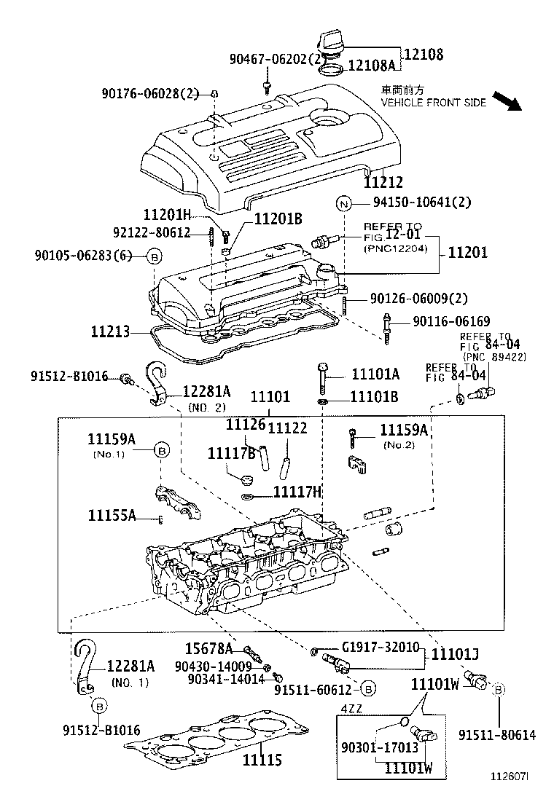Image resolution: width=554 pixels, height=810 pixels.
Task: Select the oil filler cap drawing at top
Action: point(332,46)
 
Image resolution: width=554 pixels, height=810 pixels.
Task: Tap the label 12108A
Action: point(371,66)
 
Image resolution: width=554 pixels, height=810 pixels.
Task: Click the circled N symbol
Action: point(344,204)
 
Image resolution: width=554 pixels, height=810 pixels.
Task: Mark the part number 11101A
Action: point(375,374)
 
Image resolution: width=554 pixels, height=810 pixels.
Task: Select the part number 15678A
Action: point(208,649)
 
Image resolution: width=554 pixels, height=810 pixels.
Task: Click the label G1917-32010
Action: point(380,647)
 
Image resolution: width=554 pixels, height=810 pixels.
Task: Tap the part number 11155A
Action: point(112,515)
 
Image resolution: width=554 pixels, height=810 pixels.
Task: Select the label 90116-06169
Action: point(450,321)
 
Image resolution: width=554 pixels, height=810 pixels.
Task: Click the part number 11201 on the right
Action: point(467,252)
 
